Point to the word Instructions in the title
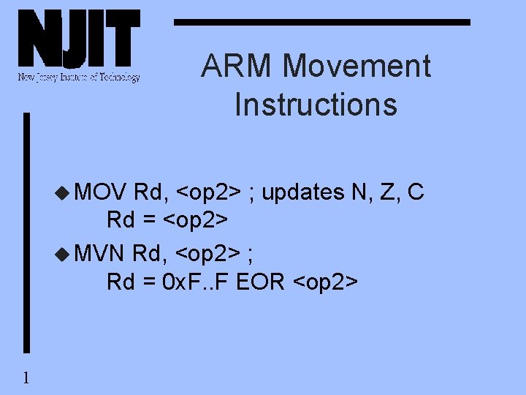click(x=316, y=104)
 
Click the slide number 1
click(x=26, y=377)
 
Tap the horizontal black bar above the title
click(x=321, y=23)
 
